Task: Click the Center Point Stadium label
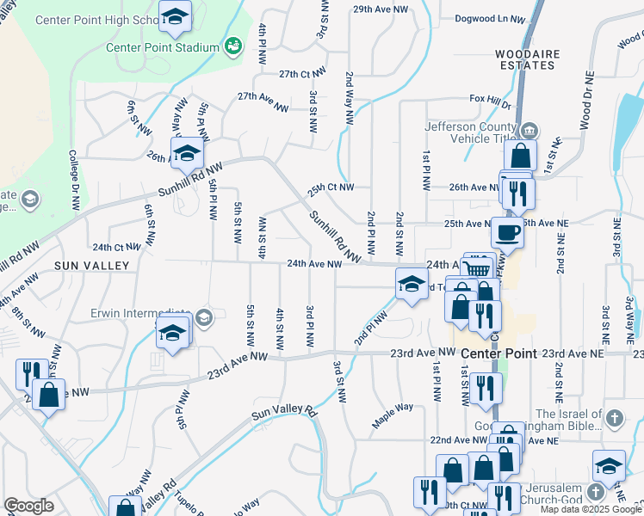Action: [163, 46]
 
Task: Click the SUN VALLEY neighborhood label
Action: [91, 266]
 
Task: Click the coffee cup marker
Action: [507, 231]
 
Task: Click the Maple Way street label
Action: [393, 416]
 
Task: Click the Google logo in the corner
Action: [28, 506]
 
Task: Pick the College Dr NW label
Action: [75, 180]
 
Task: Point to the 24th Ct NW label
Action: [116, 247]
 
